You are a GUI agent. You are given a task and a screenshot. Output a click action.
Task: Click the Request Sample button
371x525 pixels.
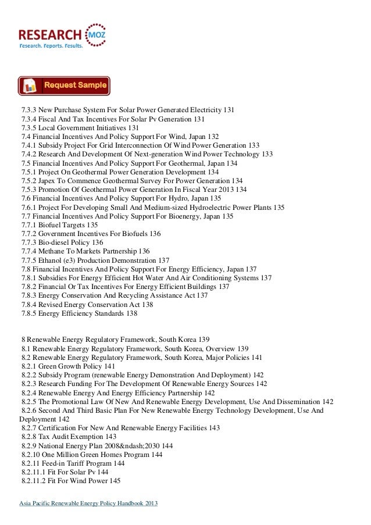point(64,86)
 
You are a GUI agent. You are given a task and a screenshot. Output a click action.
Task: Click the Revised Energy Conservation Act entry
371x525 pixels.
point(87,304)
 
